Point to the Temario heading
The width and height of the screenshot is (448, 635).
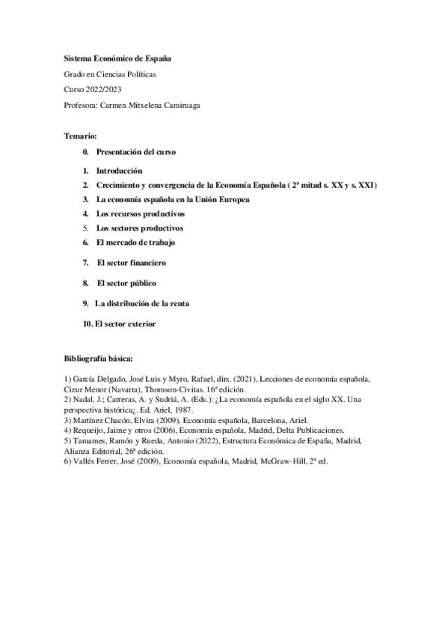81,136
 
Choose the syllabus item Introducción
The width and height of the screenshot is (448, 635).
119,171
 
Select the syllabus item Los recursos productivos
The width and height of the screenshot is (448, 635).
141,214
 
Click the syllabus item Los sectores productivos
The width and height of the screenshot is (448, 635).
140,228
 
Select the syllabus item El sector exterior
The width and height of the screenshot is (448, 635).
123,323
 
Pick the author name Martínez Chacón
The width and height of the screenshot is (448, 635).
99,421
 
